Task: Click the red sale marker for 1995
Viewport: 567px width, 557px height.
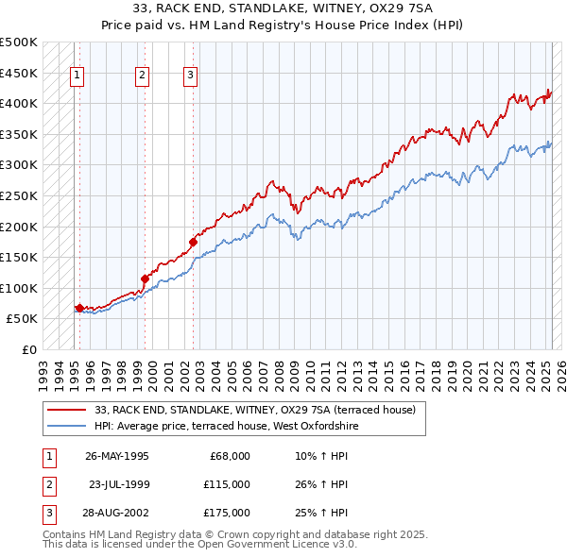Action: click(x=79, y=308)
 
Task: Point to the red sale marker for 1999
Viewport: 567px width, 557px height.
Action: click(x=145, y=278)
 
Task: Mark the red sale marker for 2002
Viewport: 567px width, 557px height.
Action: click(x=193, y=242)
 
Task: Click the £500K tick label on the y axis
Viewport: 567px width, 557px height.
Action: click(x=19, y=42)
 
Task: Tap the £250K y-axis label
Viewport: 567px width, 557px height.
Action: click(x=19, y=195)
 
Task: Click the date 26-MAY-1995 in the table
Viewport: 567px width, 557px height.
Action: click(x=117, y=455)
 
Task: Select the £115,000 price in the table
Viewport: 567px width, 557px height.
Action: click(x=227, y=484)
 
